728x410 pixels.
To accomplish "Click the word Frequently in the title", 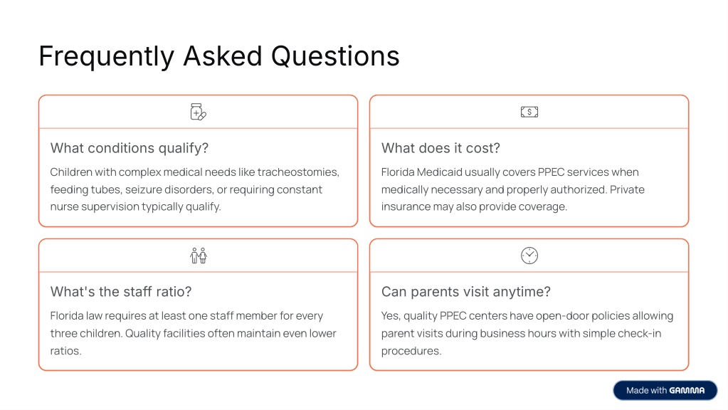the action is pos(106,57).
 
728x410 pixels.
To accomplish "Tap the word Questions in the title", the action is pos(334,56).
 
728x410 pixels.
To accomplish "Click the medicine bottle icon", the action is pos(199,112).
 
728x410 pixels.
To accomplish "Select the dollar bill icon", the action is pos(529,112).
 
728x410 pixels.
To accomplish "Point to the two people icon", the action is pos(199,256).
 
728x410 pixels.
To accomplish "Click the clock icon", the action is pos(529,256).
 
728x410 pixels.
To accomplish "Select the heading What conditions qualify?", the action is pos(130,148).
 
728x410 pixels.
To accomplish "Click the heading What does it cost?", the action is pos(441,148).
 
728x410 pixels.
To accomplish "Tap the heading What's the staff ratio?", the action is pos(121,292).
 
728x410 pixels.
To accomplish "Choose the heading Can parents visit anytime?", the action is pos(465,292).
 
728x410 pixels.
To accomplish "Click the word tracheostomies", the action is pos(298,172).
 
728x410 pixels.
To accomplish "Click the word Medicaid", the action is pos(440,172).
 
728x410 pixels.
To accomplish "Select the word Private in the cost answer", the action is pos(627,189).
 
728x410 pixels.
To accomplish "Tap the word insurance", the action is pos(406,206).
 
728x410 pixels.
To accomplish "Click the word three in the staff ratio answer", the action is pos(63,333).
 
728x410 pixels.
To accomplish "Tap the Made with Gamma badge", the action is pos(665,391).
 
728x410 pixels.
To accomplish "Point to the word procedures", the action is pos(411,351).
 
